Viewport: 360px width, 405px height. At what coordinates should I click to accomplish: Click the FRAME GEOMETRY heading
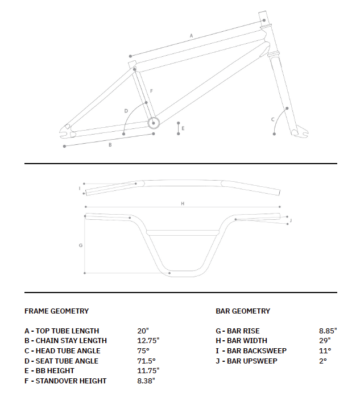coord(56,311)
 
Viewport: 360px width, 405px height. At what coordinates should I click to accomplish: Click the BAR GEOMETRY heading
coord(243,311)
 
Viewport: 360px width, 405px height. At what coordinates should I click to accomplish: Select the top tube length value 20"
coord(143,331)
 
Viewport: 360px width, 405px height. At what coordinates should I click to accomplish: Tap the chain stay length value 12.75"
coord(148,341)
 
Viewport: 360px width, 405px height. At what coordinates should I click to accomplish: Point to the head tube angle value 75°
coord(143,350)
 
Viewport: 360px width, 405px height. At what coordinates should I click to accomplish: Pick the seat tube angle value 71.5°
coord(146,361)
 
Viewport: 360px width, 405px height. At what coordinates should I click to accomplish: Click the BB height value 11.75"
coord(148,370)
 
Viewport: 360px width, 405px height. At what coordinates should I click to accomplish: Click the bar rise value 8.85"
coord(328,331)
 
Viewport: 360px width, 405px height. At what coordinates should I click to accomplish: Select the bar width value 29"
coord(325,341)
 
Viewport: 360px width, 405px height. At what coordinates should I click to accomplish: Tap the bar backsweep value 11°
coord(325,350)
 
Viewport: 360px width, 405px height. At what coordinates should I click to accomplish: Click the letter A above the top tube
coord(192,36)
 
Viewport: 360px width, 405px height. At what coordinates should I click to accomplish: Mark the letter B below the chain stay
coord(110,145)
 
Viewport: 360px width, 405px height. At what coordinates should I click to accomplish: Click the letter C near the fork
coord(273,119)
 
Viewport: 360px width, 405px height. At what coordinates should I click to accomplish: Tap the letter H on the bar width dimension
coord(183,203)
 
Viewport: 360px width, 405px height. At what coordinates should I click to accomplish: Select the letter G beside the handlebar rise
coord(81,245)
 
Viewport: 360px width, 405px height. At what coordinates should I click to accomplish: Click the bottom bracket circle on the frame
coord(152,122)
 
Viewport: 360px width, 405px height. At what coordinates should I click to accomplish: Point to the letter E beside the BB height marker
coord(183,128)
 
